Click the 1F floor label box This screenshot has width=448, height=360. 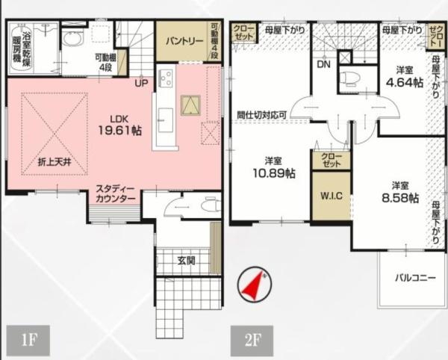pyautogui.click(x=28, y=340)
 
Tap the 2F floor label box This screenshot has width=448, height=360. pyautogui.click(x=252, y=341)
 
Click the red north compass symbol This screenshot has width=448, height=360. pyautogui.click(x=255, y=285)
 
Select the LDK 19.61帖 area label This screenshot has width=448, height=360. pyautogui.click(x=119, y=125)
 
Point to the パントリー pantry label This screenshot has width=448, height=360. pyautogui.click(x=184, y=41)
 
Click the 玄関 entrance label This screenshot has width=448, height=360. pyautogui.click(x=186, y=260)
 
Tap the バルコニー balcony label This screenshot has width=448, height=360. pyautogui.click(x=415, y=278)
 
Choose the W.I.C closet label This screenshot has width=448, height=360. pyautogui.click(x=332, y=196)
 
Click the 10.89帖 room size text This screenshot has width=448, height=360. pyautogui.click(x=274, y=173)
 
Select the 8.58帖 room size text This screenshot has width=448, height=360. pyautogui.click(x=400, y=198)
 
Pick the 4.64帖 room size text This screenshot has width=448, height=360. pyautogui.click(x=405, y=83)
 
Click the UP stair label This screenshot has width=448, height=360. pyautogui.click(x=141, y=83)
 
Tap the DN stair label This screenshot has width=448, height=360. pyautogui.click(x=324, y=64)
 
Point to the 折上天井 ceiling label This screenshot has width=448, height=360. pyautogui.click(x=55, y=162)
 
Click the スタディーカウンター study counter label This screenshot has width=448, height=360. pyautogui.click(x=115, y=193)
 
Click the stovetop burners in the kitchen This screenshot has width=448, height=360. pyautogui.click(x=166, y=77)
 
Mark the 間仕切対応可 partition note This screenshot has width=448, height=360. pyautogui.click(x=262, y=115)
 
